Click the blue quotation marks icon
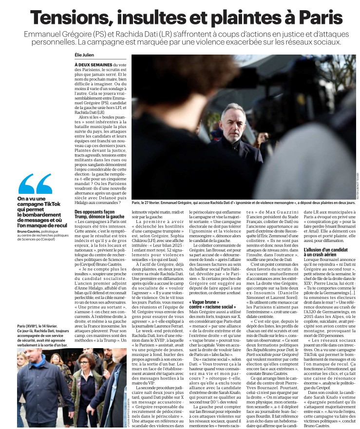point(35,184)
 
